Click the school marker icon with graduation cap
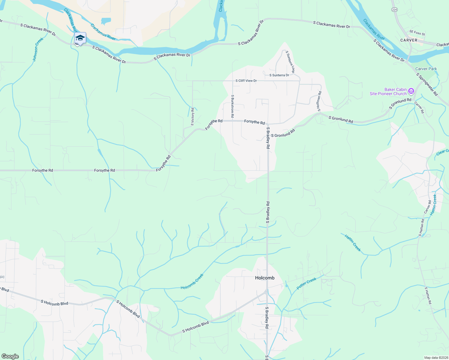80,38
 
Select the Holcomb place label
265,278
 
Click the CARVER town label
408,40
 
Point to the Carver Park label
426,69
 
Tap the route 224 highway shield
395,10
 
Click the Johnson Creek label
38,49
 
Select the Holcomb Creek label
192,281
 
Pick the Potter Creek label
306,283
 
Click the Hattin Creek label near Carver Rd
433,205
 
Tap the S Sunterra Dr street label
279,75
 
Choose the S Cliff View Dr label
246,81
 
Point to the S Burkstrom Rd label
232,106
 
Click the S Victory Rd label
193,117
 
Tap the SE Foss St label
417,32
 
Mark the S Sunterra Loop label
290,62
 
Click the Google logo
10,356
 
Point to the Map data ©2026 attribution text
436,358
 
